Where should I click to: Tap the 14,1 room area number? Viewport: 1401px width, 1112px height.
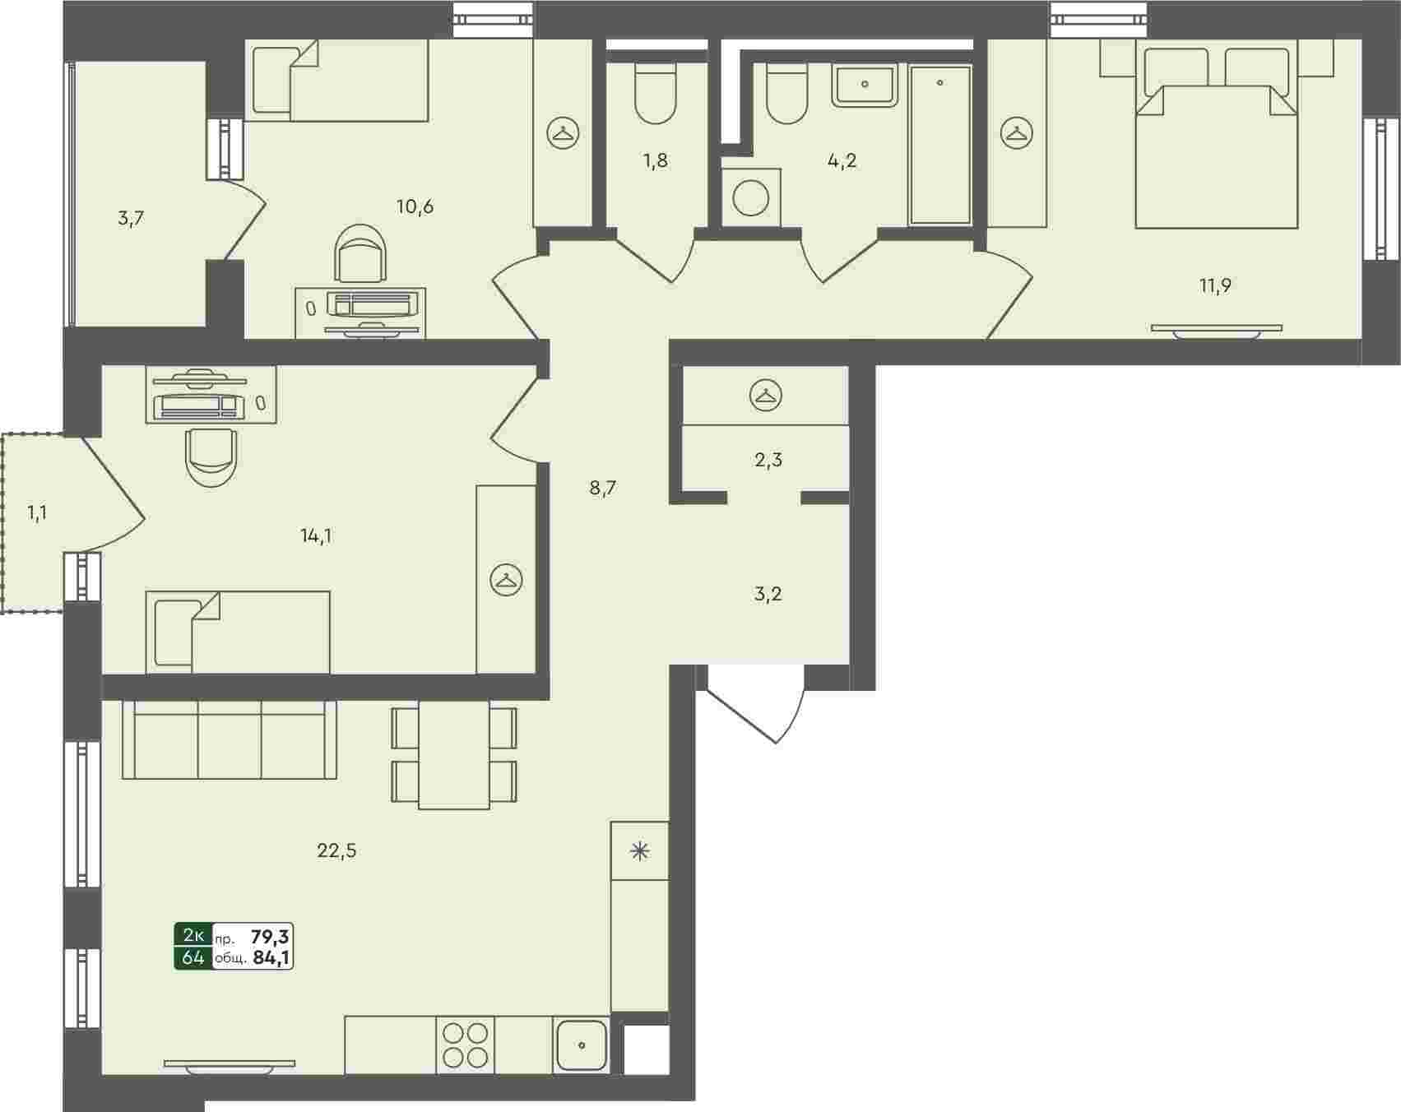click(316, 536)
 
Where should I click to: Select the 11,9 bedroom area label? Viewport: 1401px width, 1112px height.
click(1215, 286)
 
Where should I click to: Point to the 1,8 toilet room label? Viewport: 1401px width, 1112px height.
click(656, 160)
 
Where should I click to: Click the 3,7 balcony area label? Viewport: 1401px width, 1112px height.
click(131, 219)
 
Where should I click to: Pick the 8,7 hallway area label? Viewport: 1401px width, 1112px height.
click(603, 488)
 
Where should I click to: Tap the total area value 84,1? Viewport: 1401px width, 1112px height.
click(273, 958)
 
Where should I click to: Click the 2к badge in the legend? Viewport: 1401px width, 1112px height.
click(193, 935)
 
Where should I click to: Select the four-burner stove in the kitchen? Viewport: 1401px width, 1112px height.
click(465, 1045)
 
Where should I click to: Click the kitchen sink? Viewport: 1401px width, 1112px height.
click(582, 1045)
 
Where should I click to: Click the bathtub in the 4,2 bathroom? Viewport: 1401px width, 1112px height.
click(939, 145)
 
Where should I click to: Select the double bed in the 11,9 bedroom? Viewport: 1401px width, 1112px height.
click(1217, 137)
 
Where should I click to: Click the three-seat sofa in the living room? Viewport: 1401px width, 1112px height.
click(230, 739)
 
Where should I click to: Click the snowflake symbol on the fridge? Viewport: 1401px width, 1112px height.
click(639, 850)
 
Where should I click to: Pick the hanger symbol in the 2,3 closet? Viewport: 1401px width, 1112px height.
click(766, 396)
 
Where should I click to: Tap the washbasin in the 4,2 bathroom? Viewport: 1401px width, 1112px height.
click(864, 86)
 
